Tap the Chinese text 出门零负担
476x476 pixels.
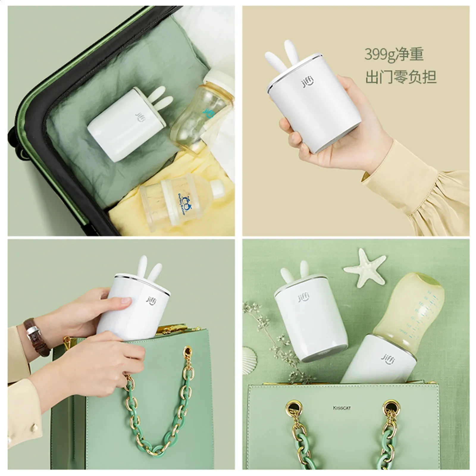click(400, 76)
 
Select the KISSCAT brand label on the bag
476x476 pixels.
click(342, 408)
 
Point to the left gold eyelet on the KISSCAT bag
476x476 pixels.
click(293, 406)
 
